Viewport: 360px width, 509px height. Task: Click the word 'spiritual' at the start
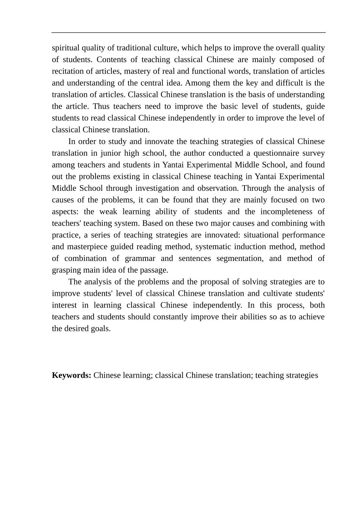pos(66,48)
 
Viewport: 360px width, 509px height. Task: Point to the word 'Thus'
pos(101,106)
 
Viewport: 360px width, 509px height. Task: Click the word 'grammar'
pos(140,259)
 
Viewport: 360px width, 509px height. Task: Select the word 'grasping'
pos(66,270)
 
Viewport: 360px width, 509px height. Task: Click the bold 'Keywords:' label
pos(71,375)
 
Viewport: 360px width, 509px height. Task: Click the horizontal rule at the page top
pos(188,33)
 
